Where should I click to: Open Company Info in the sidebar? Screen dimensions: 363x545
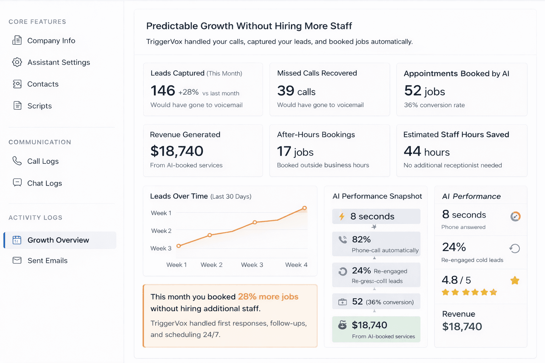pos(51,41)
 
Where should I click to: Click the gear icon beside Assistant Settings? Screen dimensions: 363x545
pos(17,62)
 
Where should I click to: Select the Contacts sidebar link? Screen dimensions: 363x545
pos(43,84)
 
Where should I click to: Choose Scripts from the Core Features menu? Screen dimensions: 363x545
pos(39,106)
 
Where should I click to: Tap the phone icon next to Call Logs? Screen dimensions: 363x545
pos(17,161)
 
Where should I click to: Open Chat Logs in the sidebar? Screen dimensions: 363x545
pos(44,183)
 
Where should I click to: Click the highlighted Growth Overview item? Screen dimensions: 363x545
pos(58,240)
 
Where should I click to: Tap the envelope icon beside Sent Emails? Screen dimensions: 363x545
pos(17,261)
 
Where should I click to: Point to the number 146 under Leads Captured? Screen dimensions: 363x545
pos(163,91)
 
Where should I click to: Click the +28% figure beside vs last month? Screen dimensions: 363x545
pos(188,92)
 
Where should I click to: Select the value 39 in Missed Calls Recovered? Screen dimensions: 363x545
pos(286,91)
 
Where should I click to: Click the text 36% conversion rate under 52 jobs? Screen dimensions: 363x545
pos(434,105)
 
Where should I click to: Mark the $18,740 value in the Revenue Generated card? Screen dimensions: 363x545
pos(177,151)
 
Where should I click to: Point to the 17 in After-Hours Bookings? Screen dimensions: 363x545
pos(284,151)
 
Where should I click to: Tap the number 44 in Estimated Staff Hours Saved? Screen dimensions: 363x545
pos(412,151)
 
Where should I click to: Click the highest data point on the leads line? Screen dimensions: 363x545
pos(304,208)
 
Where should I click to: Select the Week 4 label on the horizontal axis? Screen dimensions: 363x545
pos(296,265)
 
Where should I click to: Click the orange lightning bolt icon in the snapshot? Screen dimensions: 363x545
pos(342,216)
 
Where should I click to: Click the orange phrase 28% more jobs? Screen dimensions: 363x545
pos(268,297)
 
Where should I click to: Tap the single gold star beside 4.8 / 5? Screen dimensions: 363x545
pos(515,281)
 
